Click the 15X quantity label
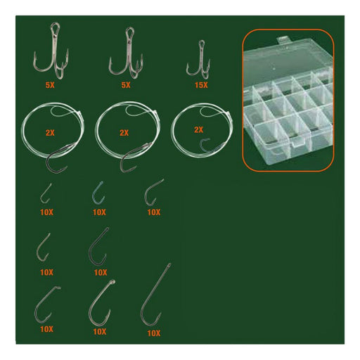click(x=201, y=85)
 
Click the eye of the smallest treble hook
click(x=201, y=44)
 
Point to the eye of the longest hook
click(x=169, y=265)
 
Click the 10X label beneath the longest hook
click(x=154, y=333)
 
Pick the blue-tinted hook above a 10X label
click(x=98, y=193)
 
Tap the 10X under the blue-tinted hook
click(x=99, y=212)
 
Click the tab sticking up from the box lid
click(x=283, y=40)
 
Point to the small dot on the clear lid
click(x=274, y=69)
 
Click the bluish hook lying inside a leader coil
click(x=206, y=145)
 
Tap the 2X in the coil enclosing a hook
click(x=198, y=129)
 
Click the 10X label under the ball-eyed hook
click(x=100, y=332)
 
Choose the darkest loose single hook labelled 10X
click(x=98, y=247)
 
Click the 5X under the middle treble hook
click(x=126, y=85)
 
